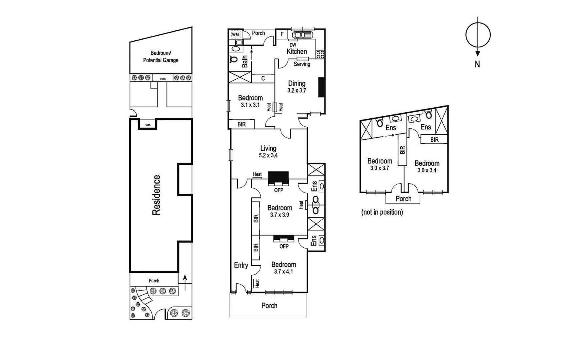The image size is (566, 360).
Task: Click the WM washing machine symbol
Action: pyautogui.click(x=235, y=34)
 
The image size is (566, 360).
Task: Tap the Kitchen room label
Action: pyautogui.click(x=297, y=52)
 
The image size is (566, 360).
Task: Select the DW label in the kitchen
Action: pyautogui.click(x=293, y=45)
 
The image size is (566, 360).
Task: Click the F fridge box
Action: pyautogui.click(x=282, y=34)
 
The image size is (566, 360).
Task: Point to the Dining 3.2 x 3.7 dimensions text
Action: pyautogui.click(x=297, y=90)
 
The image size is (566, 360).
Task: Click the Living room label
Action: pyautogui.click(x=268, y=148)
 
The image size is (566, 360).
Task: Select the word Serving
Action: pyautogui.click(x=302, y=64)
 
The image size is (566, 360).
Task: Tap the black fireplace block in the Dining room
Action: pyautogui.click(x=322, y=87)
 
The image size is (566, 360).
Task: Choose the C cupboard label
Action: pyautogui.click(x=263, y=78)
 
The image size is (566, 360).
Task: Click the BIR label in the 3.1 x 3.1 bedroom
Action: pyautogui.click(x=241, y=124)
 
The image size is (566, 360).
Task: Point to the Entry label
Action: pyautogui.click(x=241, y=265)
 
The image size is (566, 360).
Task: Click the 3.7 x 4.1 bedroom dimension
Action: pyautogui.click(x=283, y=272)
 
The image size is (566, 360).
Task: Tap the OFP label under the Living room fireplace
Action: pyautogui.click(x=278, y=190)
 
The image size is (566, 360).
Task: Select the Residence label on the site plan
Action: pyautogui.click(x=156, y=195)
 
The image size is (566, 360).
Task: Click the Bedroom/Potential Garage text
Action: pyautogui.click(x=161, y=57)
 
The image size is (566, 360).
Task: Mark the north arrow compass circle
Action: pyautogui.click(x=478, y=35)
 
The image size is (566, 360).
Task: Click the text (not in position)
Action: pyautogui.click(x=382, y=212)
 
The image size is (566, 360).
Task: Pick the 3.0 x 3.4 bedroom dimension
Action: pyautogui.click(x=427, y=170)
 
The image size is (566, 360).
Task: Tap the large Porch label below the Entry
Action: pyautogui.click(x=269, y=305)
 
